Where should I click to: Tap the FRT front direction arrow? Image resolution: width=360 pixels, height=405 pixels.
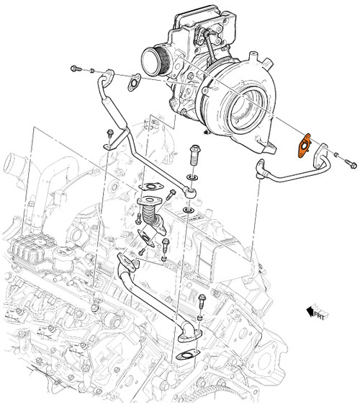315,312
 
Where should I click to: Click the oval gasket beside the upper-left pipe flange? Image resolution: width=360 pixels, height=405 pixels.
133,87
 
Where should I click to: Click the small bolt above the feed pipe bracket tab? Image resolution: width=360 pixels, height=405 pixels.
109,134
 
